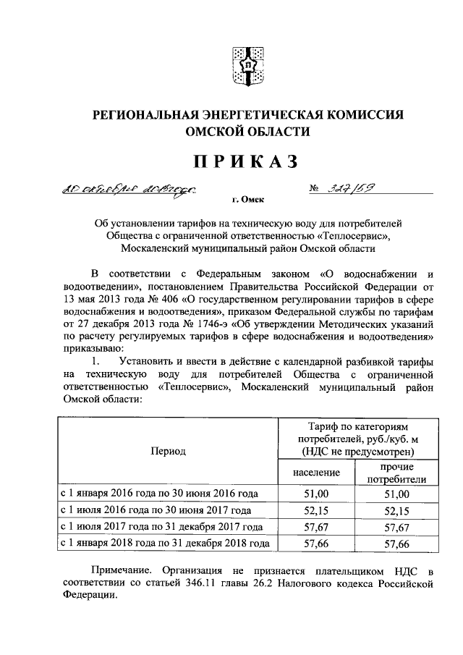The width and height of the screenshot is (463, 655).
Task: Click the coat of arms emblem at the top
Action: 245,64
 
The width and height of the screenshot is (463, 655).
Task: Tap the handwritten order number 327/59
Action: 353,188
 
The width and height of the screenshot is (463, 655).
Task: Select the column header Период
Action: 168,452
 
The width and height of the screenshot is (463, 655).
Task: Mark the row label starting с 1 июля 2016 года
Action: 161,511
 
